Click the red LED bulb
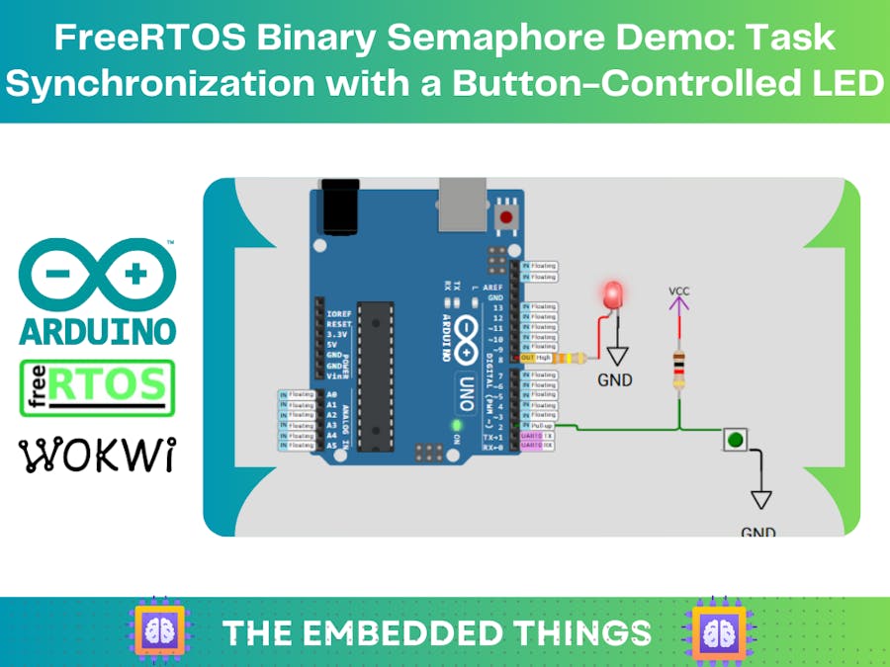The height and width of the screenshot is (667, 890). pos(613,294)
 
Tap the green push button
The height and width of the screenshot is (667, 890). pos(735,440)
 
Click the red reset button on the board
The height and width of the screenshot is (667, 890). pos(506,215)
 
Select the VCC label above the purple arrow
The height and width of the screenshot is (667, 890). pos(679,292)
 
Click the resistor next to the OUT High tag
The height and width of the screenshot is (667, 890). pos(573,357)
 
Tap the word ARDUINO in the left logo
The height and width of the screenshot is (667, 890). pos(97,330)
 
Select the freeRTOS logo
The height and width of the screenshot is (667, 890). pos(97,387)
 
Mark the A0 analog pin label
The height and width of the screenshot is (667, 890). pos(332,393)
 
